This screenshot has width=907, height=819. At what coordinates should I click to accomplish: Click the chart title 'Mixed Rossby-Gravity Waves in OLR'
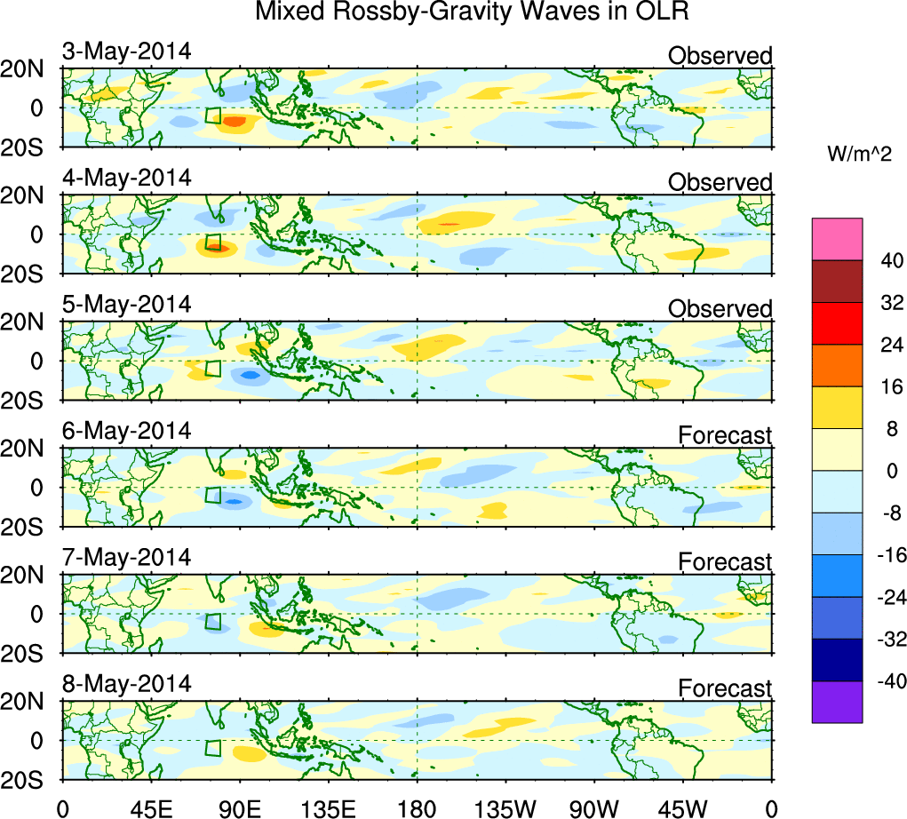pos(472,12)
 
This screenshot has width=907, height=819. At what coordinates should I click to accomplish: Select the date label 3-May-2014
pos(126,52)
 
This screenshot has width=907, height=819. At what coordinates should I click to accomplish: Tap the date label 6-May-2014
pos(126,431)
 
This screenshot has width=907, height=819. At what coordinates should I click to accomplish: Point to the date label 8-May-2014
pos(126,684)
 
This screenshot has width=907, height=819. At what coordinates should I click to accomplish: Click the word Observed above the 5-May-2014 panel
pos(720,309)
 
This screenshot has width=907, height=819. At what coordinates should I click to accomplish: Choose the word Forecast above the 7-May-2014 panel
pos(725,561)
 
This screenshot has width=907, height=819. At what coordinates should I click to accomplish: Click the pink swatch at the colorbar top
pos(837,238)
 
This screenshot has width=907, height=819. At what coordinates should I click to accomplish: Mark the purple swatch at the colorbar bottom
pos(837,702)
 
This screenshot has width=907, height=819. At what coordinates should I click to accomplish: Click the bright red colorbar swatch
pos(837,322)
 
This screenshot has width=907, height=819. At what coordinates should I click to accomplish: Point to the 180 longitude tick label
pos(416,807)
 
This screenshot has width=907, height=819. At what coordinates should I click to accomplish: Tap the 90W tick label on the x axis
pos(594,807)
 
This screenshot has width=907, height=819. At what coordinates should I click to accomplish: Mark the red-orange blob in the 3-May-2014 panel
pos(235,120)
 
